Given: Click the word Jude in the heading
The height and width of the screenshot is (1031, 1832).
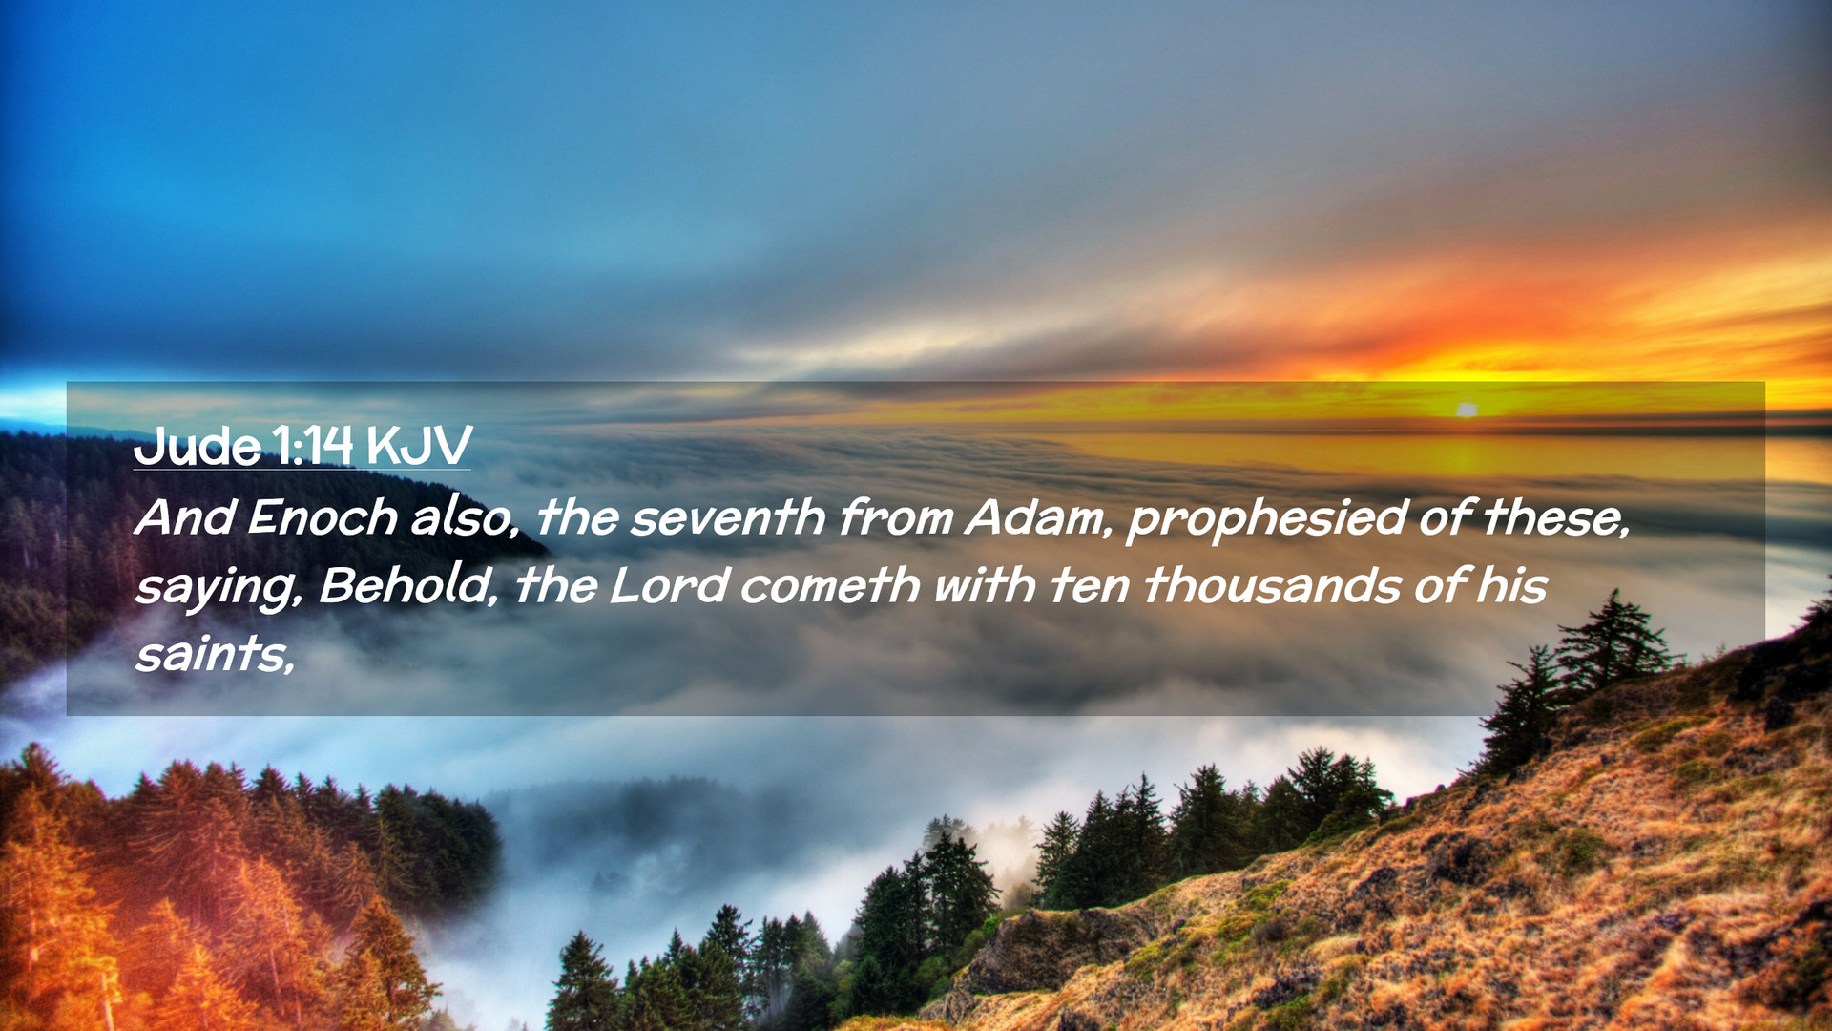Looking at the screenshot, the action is [x=198, y=445].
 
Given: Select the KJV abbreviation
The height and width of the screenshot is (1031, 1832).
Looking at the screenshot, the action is [x=419, y=445].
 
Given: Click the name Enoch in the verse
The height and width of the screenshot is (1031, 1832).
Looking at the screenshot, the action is [x=323, y=517].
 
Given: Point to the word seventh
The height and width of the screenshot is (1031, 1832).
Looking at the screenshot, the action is [x=728, y=517].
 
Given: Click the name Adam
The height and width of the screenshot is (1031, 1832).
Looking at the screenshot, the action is [x=1040, y=517].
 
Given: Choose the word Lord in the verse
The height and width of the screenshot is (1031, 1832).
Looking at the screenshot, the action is [x=669, y=585].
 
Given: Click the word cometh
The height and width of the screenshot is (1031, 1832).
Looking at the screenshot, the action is [x=830, y=585].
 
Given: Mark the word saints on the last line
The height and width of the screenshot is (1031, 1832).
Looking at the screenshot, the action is [x=215, y=654].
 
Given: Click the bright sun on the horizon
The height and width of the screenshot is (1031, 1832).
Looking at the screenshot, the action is [x=1467, y=410].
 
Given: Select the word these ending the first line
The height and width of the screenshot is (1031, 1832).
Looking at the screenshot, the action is [x=1556, y=517].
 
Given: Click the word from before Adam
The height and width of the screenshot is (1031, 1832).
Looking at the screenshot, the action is [x=896, y=517].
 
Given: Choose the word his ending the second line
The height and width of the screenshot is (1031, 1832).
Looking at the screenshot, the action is [x=1512, y=585].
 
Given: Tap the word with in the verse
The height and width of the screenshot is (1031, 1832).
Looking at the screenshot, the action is [x=985, y=585].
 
